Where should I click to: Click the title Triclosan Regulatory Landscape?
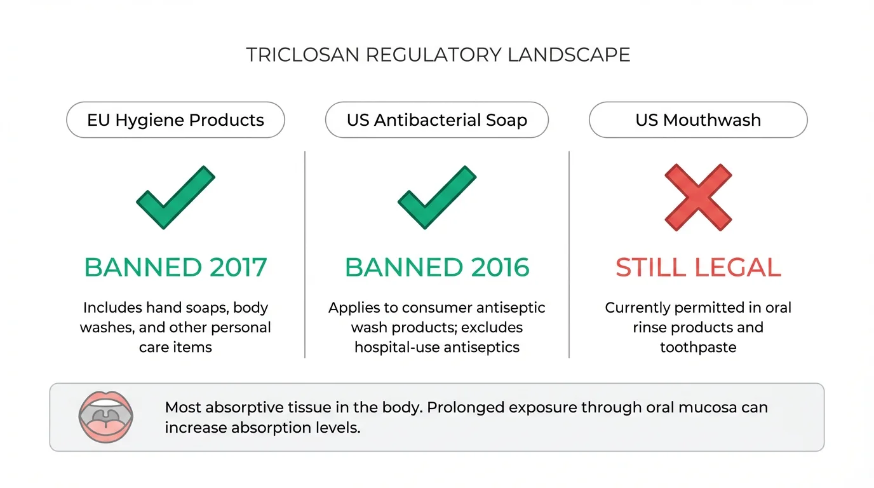[x=438, y=55]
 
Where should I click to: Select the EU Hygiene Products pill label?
[x=175, y=120]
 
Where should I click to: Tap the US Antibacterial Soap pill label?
[x=437, y=120]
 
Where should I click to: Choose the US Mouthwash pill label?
[x=698, y=120]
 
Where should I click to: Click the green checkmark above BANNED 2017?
[x=175, y=198]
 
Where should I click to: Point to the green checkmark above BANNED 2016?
[x=437, y=198]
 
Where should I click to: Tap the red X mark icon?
[x=698, y=198]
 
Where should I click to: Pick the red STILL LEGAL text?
[x=698, y=268]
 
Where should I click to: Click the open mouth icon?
[x=105, y=417]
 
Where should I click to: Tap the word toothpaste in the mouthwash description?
[x=698, y=348]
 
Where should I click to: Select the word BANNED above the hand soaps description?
[x=129, y=268]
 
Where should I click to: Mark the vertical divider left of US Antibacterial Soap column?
[x=305, y=254]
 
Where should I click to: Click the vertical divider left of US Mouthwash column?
[x=569, y=254]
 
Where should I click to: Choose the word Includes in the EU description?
[x=112, y=308]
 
